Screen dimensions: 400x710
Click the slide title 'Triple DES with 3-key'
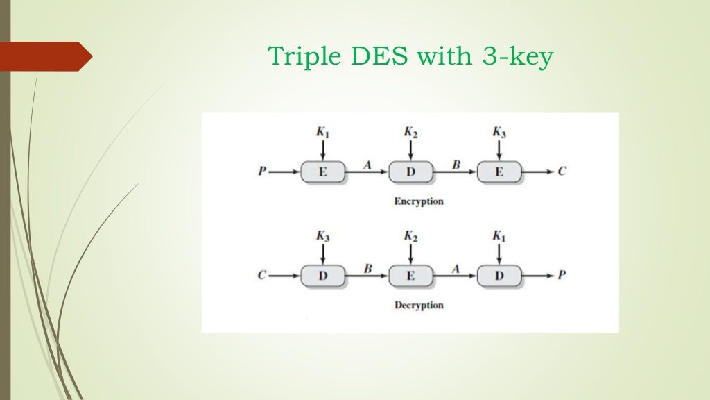tap(410, 57)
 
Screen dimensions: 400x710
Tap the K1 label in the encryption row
tap(322, 132)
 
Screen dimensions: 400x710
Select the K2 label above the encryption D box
tap(410, 132)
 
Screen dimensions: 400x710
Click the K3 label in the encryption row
tap(499, 132)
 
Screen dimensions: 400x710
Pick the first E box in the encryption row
tap(322, 172)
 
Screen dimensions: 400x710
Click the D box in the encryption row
tap(410, 172)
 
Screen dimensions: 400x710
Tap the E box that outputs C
tap(499, 172)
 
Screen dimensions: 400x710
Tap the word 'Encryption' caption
tap(419, 201)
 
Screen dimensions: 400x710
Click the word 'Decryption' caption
tap(419, 305)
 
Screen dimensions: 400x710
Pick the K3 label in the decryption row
tap(322, 236)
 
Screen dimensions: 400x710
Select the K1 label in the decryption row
tap(499, 236)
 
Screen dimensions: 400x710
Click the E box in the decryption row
tap(410, 276)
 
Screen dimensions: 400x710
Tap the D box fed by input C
tap(322, 276)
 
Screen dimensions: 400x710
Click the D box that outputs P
tap(499, 276)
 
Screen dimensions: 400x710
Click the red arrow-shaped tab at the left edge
tap(45, 56)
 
